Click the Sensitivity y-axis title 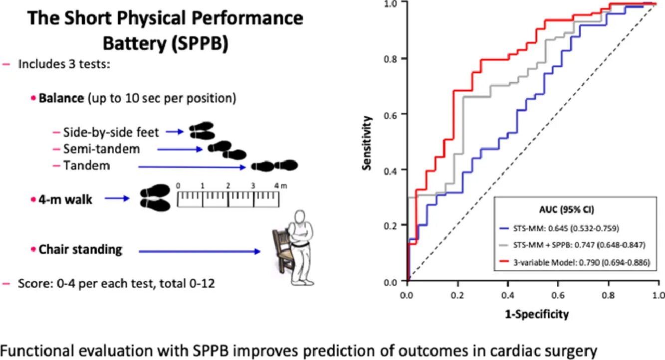pyautogui.click(x=368, y=144)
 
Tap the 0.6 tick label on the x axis pyautogui.click(x=559, y=295)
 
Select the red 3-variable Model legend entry pyautogui.click(x=579, y=263)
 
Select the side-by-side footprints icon pyautogui.click(x=202, y=132)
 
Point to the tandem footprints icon pyautogui.click(x=274, y=166)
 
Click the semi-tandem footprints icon pyautogui.click(x=227, y=149)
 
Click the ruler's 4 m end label pyautogui.click(x=279, y=186)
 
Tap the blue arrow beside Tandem pyautogui.click(x=192, y=166)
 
